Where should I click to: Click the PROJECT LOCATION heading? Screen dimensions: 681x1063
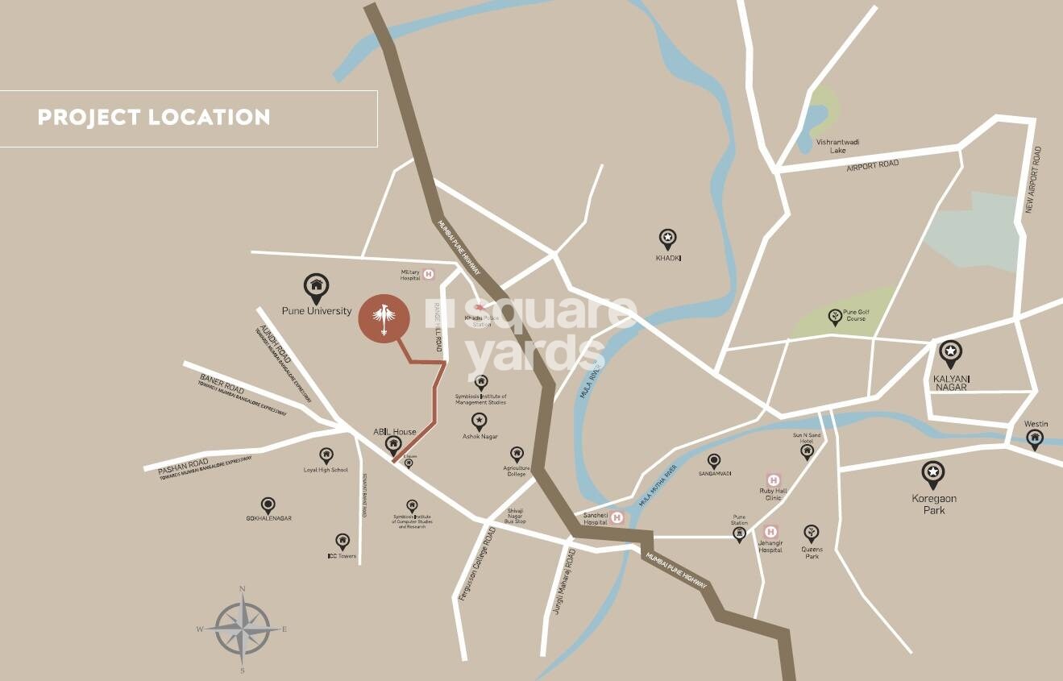point(154,118)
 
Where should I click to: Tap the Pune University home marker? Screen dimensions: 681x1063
point(316,286)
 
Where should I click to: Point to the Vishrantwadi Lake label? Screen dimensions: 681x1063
point(838,146)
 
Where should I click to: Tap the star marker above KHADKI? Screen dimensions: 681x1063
point(667,239)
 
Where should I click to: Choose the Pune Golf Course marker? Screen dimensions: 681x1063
point(836,317)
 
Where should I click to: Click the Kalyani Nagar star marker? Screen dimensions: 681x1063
point(951,353)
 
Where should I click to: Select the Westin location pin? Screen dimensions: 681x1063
point(1035,438)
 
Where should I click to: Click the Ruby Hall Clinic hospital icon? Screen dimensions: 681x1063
point(773,480)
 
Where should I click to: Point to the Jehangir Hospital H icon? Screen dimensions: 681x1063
point(770,532)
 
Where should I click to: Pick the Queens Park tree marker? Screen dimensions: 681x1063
point(811,534)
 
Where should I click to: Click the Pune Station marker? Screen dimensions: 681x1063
point(739,535)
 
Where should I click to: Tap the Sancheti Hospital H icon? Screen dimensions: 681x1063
point(618,518)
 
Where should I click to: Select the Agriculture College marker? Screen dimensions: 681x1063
point(517,455)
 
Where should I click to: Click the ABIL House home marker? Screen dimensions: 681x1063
point(393,444)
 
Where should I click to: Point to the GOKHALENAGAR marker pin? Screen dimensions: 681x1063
point(268,505)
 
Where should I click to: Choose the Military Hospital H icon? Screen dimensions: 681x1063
point(429,274)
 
